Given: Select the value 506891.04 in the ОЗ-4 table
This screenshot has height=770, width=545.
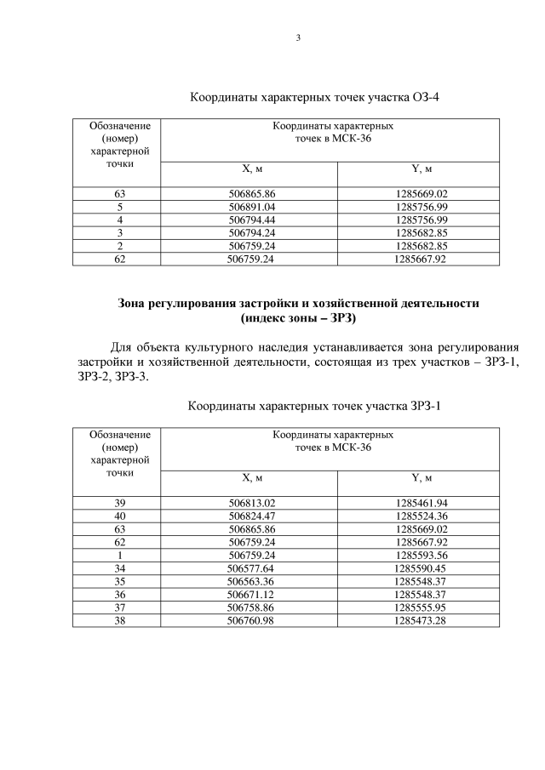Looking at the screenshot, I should point(252,207).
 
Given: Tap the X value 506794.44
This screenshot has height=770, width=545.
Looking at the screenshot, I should point(252,220).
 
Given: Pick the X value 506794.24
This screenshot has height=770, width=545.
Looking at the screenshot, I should point(252,232).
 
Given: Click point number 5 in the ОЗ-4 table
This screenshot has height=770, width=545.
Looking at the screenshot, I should point(120,207).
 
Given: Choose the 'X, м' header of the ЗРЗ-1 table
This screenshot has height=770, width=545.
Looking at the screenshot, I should point(253,478).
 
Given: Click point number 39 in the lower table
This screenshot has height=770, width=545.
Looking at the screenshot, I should point(120,503).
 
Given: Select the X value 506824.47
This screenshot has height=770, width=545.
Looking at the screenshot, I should point(252,516).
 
